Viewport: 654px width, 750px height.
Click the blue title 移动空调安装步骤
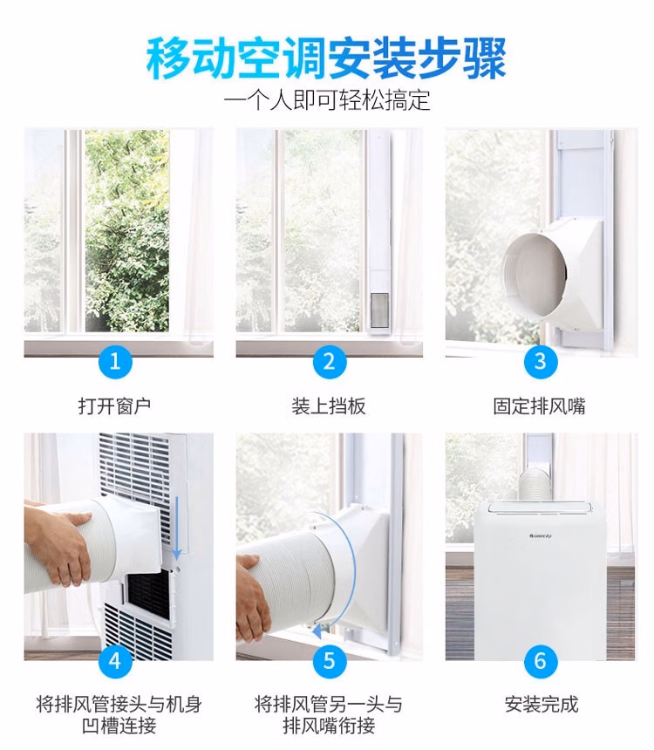point(326,58)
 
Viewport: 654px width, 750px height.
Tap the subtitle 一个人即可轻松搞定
point(327,101)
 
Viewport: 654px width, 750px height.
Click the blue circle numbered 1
point(115,361)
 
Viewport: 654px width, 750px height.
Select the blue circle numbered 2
point(329,361)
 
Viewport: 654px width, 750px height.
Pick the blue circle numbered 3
point(540,361)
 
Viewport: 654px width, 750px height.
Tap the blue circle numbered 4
point(115,661)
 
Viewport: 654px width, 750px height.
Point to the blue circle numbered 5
point(329,661)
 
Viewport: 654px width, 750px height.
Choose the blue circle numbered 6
point(540,661)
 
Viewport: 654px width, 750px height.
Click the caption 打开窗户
point(115,406)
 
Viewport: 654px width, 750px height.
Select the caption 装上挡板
point(329,406)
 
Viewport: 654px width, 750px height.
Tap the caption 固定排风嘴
point(540,406)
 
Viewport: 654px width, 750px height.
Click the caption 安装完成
point(542,704)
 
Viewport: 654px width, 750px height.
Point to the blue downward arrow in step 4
point(176,527)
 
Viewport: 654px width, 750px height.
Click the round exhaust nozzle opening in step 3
point(534,273)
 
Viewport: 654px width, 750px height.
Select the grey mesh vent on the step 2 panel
point(380,309)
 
